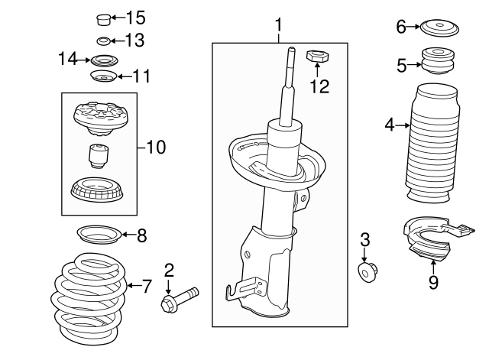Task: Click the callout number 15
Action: [134, 17]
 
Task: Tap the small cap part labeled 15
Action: [102, 18]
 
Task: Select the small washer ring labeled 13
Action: [102, 41]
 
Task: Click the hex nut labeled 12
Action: [316, 56]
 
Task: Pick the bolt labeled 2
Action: [180, 300]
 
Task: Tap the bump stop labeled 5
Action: [434, 63]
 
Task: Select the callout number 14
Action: [68, 58]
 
